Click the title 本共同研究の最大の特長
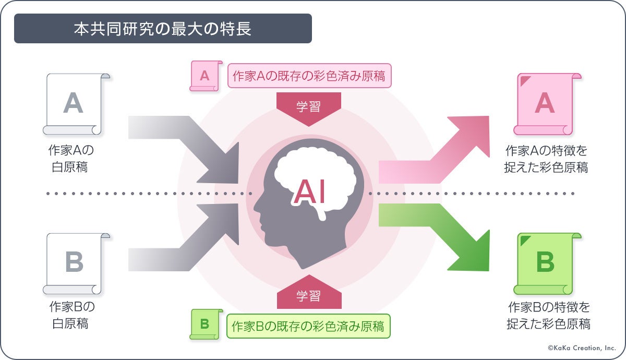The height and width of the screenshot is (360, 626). (162, 29)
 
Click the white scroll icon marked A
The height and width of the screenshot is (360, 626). (74, 104)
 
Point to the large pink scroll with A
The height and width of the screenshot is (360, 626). (545, 103)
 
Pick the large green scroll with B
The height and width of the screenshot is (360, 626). (545, 263)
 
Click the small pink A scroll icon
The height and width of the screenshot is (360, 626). (204, 76)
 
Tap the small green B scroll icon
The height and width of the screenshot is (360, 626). (204, 324)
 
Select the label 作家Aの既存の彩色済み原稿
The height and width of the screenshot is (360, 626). (309, 76)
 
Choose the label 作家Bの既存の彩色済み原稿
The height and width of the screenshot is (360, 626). (308, 327)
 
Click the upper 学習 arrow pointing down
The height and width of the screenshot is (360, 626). (308, 107)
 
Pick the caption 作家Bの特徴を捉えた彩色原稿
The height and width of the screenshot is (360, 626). (548, 316)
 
